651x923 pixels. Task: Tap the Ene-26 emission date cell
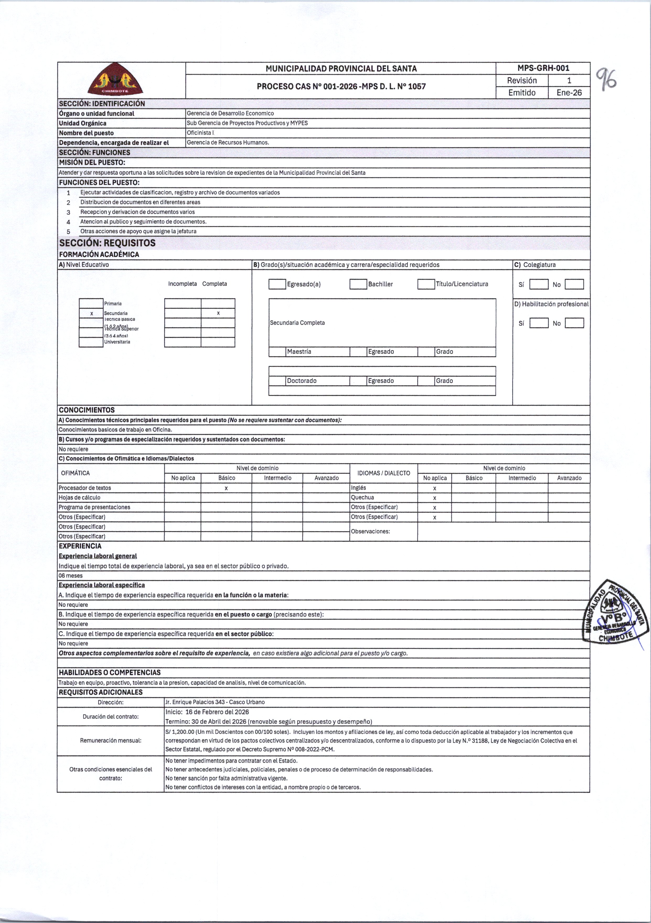(x=569, y=93)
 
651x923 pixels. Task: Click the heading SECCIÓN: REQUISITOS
(x=107, y=243)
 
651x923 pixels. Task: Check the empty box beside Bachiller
(x=358, y=284)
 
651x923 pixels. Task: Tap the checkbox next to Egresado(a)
(x=277, y=284)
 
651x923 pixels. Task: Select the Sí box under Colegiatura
(x=539, y=285)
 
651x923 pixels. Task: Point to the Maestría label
(x=299, y=352)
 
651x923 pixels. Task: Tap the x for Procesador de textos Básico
(x=226, y=488)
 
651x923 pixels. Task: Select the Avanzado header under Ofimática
(x=327, y=478)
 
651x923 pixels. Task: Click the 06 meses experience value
(x=71, y=576)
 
